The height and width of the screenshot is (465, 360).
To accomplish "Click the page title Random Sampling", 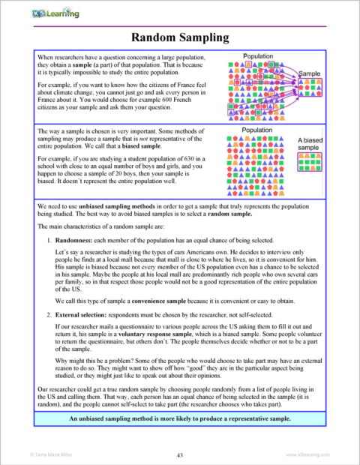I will click(x=180, y=37).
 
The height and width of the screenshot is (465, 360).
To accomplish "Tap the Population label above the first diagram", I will click(x=259, y=56).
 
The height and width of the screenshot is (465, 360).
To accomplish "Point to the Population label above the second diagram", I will click(x=259, y=130).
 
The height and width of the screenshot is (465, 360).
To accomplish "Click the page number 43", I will click(x=180, y=454).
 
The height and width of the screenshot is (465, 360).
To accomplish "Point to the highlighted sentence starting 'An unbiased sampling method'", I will click(x=180, y=439).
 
